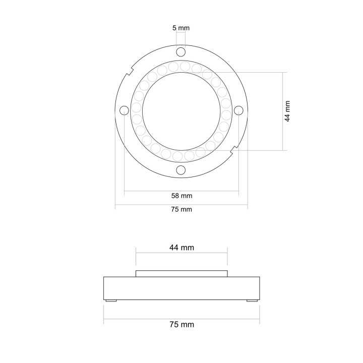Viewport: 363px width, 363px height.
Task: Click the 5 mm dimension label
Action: pyautogui.click(x=181, y=28)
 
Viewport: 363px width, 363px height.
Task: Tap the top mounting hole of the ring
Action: pyautogui.click(x=181, y=52)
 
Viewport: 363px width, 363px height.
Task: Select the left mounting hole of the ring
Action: pyautogui.click(x=124, y=110)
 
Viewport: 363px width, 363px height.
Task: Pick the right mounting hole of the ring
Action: pyautogui.click(x=238, y=110)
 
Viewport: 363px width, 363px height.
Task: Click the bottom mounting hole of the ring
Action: pyautogui.click(x=181, y=170)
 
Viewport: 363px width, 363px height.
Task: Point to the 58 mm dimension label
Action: pyautogui.click(x=181, y=196)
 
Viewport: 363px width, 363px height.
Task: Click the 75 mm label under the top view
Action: pyautogui.click(x=181, y=210)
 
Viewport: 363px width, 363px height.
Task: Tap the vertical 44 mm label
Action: pyautogui.click(x=287, y=111)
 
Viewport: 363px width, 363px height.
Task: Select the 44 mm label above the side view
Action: pyautogui.click(x=181, y=248)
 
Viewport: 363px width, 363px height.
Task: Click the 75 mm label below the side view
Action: pyautogui.click(x=181, y=325)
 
